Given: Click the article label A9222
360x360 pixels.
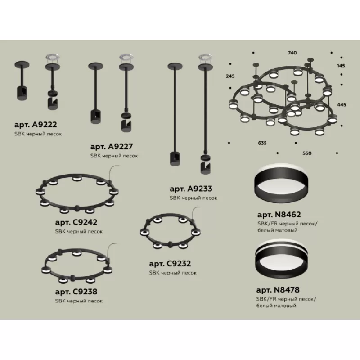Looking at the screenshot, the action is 36,125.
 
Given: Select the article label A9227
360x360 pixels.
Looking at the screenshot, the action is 112,147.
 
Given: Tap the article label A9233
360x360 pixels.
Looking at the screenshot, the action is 191,189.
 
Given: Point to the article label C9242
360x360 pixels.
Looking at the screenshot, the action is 76,222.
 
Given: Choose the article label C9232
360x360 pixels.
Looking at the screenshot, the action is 170,264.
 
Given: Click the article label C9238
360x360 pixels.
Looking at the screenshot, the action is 76,292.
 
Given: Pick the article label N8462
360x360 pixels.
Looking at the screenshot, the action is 279,215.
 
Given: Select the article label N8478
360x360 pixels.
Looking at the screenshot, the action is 278,290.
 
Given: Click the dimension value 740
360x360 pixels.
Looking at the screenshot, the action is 292,53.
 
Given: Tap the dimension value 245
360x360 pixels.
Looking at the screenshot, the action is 230,76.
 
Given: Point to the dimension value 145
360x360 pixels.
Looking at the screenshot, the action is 341,66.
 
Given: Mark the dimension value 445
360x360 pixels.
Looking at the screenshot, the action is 342,105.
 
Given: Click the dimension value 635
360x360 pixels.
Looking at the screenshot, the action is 262,143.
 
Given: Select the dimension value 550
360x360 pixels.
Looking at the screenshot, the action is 307,153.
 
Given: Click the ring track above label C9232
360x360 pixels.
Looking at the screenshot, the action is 170,244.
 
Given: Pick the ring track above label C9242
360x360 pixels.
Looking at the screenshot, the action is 76,208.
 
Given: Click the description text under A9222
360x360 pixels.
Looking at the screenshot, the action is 38,134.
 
